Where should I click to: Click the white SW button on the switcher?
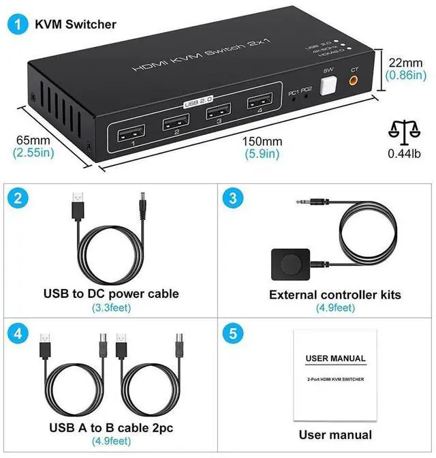(x=328, y=85)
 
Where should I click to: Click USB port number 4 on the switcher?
(x=257, y=104)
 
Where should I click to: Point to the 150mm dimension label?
(x=262, y=140)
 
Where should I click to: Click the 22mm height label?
(x=406, y=61)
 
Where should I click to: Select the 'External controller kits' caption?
(x=335, y=295)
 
